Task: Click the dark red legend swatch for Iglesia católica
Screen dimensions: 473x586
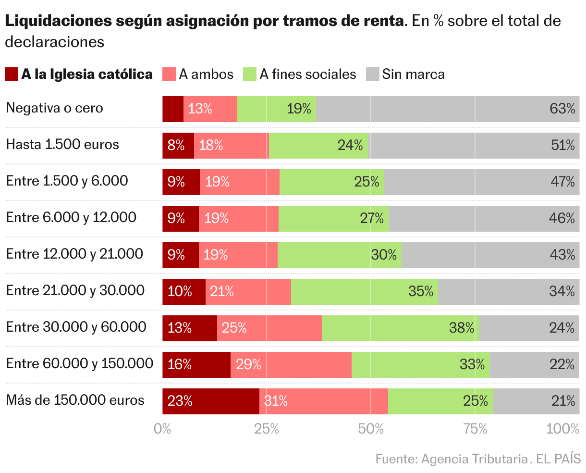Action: [x=12, y=74]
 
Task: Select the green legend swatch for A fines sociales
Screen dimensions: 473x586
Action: [x=249, y=74]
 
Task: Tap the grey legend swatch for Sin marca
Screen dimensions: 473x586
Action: [x=372, y=74]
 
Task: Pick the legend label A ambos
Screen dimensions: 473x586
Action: [x=206, y=74]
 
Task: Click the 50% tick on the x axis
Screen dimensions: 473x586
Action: [x=370, y=429]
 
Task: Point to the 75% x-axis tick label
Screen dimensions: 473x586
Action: [x=475, y=429]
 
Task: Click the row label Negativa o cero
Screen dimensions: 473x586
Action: [x=54, y=108]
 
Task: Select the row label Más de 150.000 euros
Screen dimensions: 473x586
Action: [x=75, y=400]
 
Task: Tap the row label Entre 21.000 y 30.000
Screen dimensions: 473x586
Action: [x=75, y=290]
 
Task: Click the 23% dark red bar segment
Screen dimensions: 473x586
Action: [x=211, y=401]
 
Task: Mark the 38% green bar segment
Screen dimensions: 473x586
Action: [x=400, y=328]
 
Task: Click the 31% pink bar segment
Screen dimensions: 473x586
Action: [x=324, y=401]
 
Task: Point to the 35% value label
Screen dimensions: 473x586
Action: [x=421, y=291]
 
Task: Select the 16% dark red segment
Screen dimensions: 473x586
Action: [x=196, y=364]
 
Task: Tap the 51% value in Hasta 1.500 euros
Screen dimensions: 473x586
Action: [x=562, y=145]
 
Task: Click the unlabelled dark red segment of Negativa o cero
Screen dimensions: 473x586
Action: [x=173, y=109]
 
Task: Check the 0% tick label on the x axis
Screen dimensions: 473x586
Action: [x=162, y=429]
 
